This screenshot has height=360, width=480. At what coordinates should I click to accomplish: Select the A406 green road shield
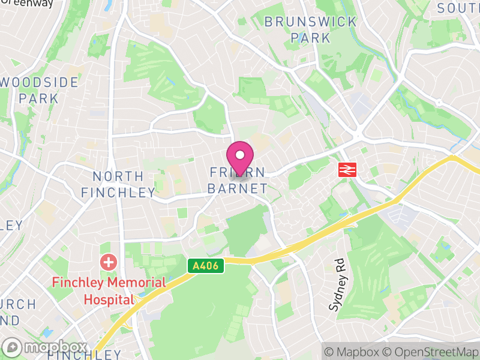206,265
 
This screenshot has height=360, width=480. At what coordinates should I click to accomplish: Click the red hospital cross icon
109,262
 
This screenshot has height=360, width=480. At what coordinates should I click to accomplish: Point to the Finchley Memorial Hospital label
109,290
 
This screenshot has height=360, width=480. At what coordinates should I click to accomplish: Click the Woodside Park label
38,89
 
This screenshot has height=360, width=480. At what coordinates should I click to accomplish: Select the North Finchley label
118,184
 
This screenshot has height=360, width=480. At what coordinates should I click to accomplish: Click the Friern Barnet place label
238,180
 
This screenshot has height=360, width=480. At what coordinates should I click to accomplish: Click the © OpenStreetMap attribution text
431,352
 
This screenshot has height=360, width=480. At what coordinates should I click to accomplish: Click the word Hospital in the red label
109,299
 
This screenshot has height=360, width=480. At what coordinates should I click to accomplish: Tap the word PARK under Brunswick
310,38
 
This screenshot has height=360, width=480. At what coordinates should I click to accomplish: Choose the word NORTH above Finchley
118,176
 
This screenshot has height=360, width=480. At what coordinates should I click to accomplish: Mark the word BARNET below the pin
238,188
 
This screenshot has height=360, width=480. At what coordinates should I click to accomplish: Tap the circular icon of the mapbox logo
12,347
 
